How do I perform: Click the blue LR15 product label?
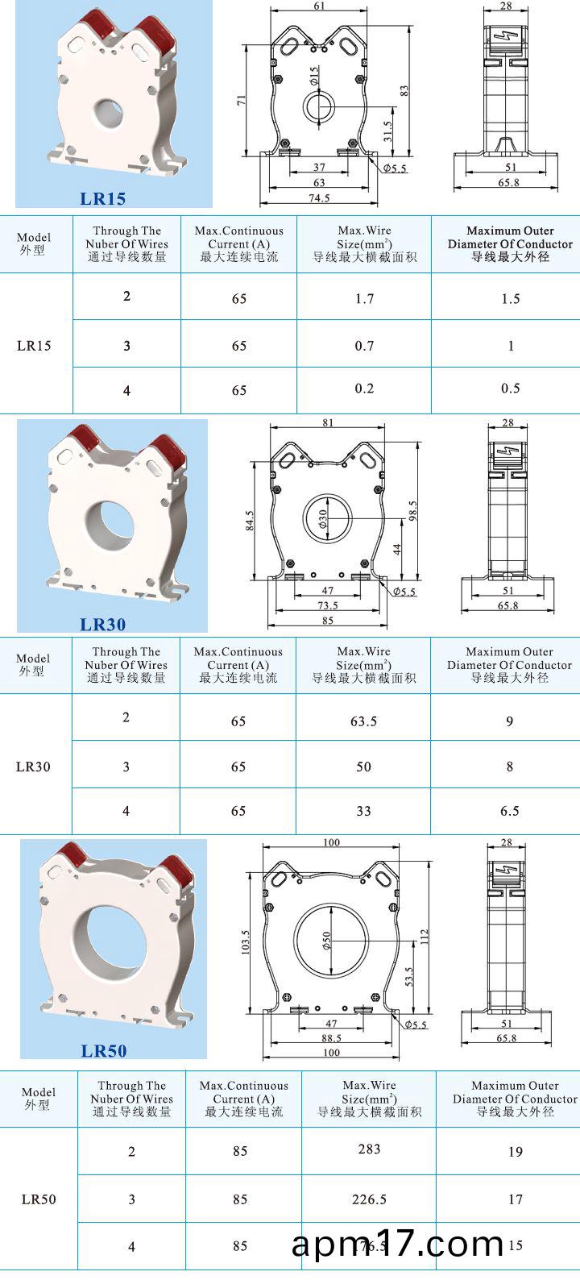(x=102, y=198)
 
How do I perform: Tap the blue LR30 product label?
(x=102, y=624)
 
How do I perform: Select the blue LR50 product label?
(x=104, y=1050)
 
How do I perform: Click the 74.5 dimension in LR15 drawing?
(x=320, y=197)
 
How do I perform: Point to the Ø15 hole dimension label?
(x=314, y=77)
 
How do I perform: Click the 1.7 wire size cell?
(x=364, y=299)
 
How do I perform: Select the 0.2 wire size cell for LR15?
(x=364, y=389)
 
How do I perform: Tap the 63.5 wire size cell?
(x=363, y=721)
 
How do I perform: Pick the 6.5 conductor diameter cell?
(x=509, y=811)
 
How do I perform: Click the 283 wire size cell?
(x=369, y=1149)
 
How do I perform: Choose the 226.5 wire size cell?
(x=369, y=1199)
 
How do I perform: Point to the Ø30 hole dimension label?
(x=323, y=519)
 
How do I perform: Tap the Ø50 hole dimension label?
(x=327, y=941)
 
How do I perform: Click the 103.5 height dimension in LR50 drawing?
(x=246, y=942)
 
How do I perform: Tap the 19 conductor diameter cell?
(x=515, y=1152)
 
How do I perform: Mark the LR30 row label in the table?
(x=33, y=767)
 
